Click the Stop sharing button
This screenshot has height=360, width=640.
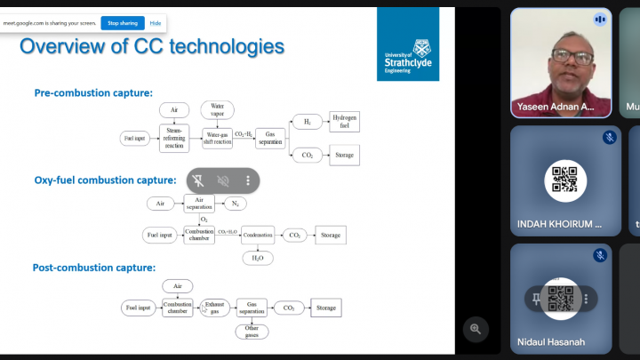(x=122, y=23)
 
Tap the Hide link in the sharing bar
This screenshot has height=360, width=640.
(x=156, y=23)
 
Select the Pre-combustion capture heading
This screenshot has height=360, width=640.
(x=93, y=92)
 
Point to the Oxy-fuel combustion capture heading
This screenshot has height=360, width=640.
(x=105, y=180)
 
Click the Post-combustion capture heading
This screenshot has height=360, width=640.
(x=94, y=267)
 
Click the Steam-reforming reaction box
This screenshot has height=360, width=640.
(x=174, y=139)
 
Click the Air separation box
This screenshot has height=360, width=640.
(x=199, y=204)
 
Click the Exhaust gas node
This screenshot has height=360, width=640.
(x=214, y=308)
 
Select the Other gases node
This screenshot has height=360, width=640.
(x=252, y=331)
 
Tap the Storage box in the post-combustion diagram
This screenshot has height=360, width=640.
(x=326, y=308)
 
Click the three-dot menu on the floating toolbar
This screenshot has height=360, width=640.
(x=248, y=180)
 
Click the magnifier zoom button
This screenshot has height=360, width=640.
(x=476, y=330)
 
